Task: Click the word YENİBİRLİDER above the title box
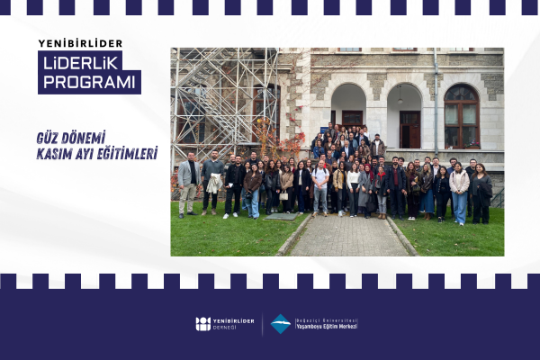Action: click(x=80, y=43)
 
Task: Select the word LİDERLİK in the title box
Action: click(x=80, y=61)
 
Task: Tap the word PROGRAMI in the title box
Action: click(x=88, y=81)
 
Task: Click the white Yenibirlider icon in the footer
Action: click(x=202, y=324)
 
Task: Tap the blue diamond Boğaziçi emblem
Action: click(x=281, y=324)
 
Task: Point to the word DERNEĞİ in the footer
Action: click(x=229, y=328)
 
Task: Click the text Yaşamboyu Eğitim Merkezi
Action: click(x=327, y=328)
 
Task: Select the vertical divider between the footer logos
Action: click(x=262, y=324)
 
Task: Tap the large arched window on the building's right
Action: click(x=462, y=115)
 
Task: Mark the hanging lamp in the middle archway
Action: click(x=400, y=98)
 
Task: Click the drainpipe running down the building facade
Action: click(x=436, y=99)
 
